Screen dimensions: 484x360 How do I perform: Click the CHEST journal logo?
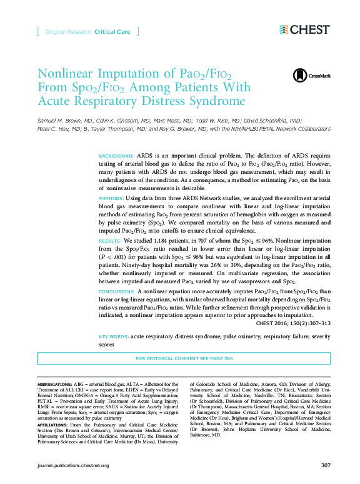(x=304, y=29)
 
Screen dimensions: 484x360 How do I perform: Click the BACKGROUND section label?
(x=116, y=154)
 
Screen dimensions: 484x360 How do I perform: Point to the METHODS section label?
(x=111, y=198)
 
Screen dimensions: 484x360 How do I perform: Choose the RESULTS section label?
(x=110, y=240)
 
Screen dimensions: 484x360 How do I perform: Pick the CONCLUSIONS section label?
(x=117, y=291)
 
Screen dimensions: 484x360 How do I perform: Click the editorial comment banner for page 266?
(x=184, y=358)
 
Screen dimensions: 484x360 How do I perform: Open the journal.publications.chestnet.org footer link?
(x=74, y=466)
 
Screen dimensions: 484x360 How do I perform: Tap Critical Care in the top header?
(x=113, y=31)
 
